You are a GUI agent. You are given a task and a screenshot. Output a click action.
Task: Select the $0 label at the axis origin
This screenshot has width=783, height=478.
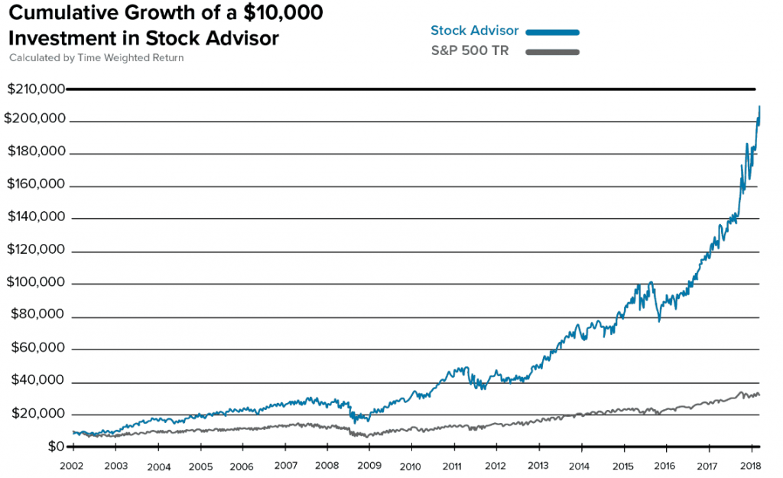(55, 447)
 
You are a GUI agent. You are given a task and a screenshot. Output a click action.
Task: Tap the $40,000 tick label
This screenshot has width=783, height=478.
(36, 382)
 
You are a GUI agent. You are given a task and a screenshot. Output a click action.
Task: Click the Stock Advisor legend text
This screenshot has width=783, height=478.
(474, 31)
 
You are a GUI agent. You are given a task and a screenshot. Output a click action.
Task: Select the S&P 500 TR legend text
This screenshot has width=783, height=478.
(470, 51)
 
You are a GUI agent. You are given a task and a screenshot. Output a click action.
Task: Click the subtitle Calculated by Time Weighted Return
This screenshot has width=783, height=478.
(96, 58)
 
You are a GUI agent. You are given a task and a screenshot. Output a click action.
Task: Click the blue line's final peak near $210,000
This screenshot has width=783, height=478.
(759, 107)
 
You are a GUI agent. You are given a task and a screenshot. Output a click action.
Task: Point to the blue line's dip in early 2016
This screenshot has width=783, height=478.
(659, 320)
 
